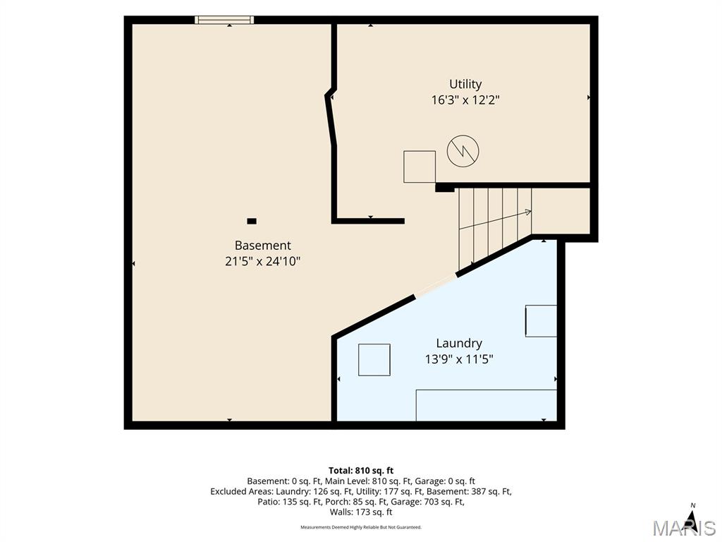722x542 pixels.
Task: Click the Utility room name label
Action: coord(465,85)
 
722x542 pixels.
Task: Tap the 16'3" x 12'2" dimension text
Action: coord(465,100)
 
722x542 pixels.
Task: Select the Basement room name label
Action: coord(262,245)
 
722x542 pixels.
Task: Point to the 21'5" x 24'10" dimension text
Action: coord(262,261)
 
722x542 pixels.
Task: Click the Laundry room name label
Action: coord(458,344)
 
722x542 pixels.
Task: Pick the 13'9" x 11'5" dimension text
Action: coord(458,359)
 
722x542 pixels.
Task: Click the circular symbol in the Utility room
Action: coord(463,151)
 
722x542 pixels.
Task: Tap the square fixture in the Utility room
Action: coord(420,167)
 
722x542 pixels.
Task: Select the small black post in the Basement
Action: coord(252,221)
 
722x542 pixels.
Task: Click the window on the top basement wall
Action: coord(224,20)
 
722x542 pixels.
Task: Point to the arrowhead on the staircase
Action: coord(527,212)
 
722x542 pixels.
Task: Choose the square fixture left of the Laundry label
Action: coord(374,359)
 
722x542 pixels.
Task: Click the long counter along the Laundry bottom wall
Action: coord(487,405)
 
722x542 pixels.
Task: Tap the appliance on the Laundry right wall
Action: coord(541,321)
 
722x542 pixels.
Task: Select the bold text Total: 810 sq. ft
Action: coord(361,471)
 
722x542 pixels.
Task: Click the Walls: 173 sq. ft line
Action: coord(361,512)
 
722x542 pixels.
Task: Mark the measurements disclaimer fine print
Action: coord(361,527)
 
